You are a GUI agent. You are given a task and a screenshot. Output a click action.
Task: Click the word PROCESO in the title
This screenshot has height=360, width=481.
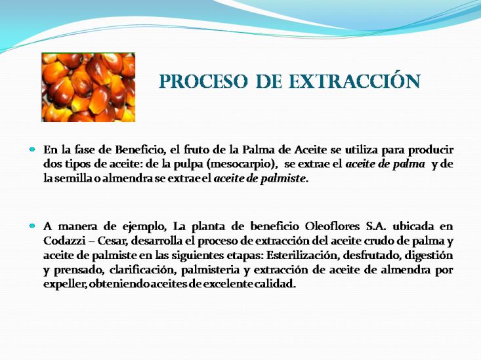(203, 81)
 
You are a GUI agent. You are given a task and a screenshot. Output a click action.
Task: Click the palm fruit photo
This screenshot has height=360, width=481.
(89, 87)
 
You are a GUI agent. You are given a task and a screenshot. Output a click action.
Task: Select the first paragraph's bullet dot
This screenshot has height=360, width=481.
(32, 150)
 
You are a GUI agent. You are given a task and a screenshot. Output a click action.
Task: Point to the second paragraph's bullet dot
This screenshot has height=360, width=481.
(32, 226)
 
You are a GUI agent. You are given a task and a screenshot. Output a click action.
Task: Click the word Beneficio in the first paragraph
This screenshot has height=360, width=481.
(140, 150)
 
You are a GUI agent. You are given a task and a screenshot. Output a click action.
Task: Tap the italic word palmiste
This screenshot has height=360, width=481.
(283, 179)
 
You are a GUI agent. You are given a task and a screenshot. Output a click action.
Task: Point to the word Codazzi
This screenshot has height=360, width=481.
(64, 241)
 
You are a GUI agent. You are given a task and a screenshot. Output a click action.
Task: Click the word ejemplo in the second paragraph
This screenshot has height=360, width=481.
(144, 228)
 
